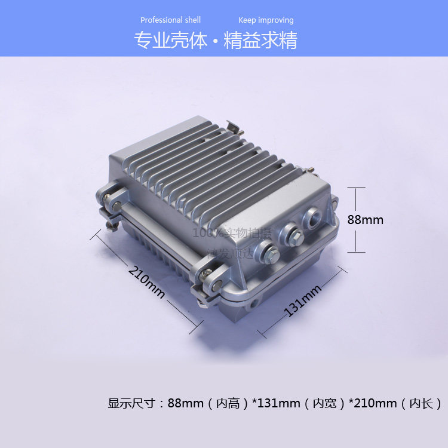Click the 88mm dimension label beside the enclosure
tap(365, 220)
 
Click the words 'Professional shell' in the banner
tap(171, 20)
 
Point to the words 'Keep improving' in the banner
tap(266, 20)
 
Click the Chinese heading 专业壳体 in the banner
tap(170, 40)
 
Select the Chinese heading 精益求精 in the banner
tap(260, 40)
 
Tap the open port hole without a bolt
tap(312, 218)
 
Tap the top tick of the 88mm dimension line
tap(356, 188)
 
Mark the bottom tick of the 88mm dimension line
tap(356, 251)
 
